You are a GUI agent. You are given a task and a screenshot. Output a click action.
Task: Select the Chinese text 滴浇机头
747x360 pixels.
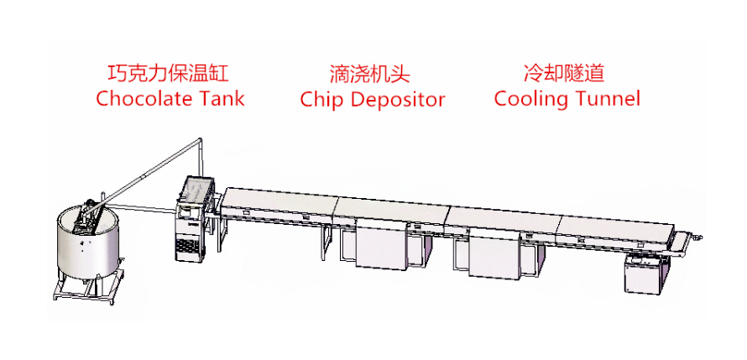click(x=371, y=73)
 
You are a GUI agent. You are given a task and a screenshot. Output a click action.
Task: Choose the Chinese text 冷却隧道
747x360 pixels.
click(x=564, y=73)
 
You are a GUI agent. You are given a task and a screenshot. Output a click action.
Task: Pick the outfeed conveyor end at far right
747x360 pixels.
click(x=692, y=241)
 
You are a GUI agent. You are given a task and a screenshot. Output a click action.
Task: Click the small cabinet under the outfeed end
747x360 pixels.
click(x=646, y=273)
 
